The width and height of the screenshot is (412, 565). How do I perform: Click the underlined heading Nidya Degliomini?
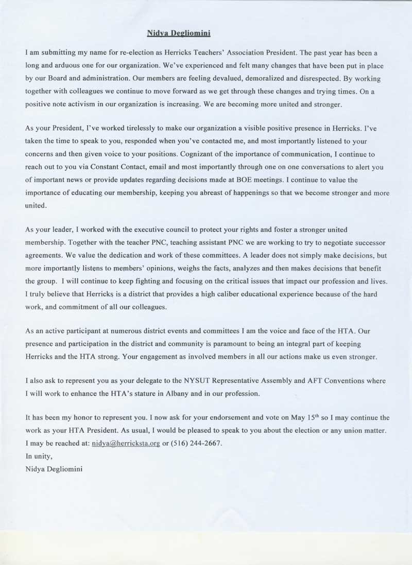(x=178, y=33)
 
